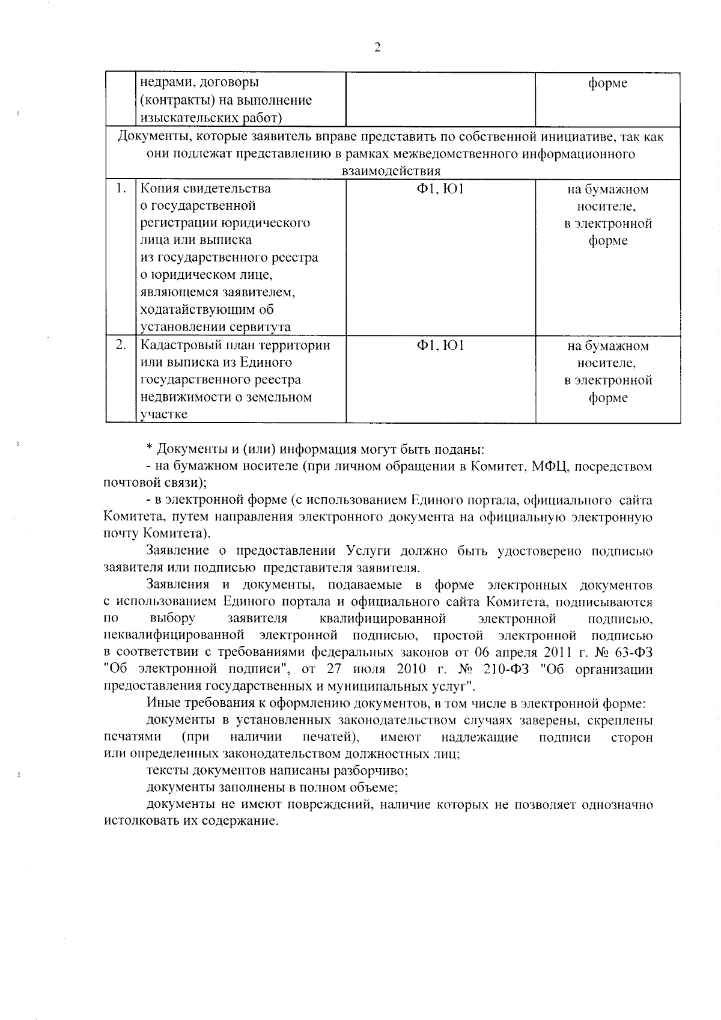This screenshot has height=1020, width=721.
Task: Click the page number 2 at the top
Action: click(x=377, y=48)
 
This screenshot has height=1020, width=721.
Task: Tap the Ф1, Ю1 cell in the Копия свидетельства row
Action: click(x=440, y=189)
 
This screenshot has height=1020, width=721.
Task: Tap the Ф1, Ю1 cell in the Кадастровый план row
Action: click(x=440, y=346)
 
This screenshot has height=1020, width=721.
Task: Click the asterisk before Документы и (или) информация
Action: click(x=150, y=450)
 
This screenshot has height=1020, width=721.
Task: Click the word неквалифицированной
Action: click(x=174, y=636)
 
